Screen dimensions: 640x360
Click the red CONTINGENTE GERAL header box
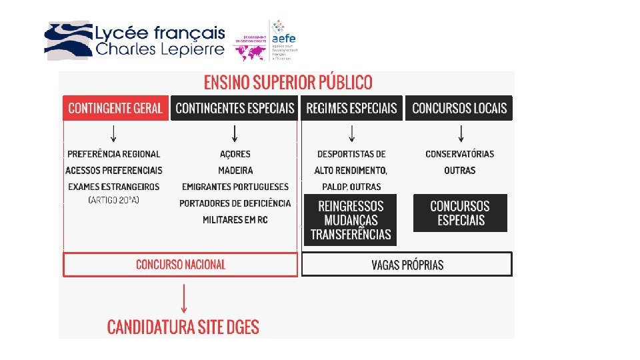coord(115,109)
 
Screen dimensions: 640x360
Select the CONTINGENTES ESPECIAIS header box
coord(235,109)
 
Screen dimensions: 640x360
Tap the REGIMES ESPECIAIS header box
coord(351,109)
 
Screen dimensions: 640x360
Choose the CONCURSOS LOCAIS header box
coord(459,109)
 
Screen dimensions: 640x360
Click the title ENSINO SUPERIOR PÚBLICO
coord(288,83)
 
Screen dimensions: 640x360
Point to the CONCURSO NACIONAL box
coord(180,265)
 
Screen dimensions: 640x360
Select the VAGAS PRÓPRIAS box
coord(407,265)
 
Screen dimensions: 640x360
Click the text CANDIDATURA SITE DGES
coord(183,327)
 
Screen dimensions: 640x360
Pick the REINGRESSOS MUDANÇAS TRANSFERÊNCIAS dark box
coord(351,220)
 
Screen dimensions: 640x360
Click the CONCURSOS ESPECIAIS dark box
coord(460,213)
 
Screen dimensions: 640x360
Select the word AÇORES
coord(235,154)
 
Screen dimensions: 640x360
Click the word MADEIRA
coord(235,171)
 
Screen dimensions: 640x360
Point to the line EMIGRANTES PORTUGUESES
coord(235,187)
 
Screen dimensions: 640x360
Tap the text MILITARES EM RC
coord(235,220)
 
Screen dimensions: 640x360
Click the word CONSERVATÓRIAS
coord(460,154)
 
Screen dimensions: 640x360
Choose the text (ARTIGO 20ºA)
coord(114,200)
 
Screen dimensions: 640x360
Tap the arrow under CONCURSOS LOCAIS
coord(460,133)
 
